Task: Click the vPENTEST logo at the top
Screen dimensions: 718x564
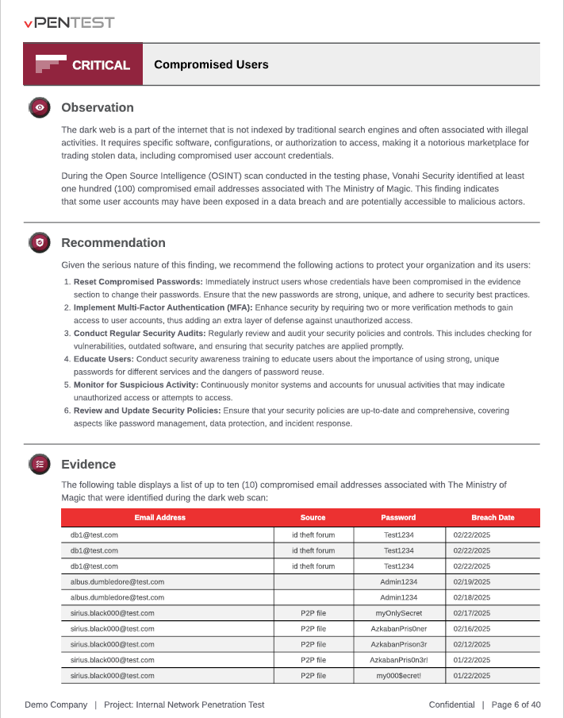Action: (x=69, y=22)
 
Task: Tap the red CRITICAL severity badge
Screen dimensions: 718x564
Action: (x=83, y=65)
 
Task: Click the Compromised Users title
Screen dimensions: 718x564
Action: (x=211, y=65)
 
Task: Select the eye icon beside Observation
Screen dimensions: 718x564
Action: (x=40, y=108)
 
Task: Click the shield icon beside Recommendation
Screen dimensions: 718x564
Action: (x=40, y=243)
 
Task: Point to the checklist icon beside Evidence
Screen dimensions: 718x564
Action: (x=40, y=465)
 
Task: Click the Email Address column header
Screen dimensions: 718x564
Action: (x=159, y=518)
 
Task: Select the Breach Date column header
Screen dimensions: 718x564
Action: (x=493, y=518)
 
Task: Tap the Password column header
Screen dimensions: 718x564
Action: (x=398, y=518)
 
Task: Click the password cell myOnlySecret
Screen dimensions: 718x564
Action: (x=398, y=613)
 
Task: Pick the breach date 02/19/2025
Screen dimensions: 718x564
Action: (x=472, y=582)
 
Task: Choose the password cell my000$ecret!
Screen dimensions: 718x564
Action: (x=398, y=676)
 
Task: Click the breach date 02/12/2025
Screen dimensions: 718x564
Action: (x=472, y=644)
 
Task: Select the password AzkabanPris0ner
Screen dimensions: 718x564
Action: (x=398, y=628)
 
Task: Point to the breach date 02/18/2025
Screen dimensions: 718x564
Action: (x=472, y=597)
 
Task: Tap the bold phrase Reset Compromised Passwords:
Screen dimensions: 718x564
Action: (x=138, y=282)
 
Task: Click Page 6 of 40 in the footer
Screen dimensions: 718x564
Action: (x=516, y=704)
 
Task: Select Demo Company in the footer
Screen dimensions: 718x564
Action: (x=56, y=704)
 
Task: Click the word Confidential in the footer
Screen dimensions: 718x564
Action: (x=451, y=704)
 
